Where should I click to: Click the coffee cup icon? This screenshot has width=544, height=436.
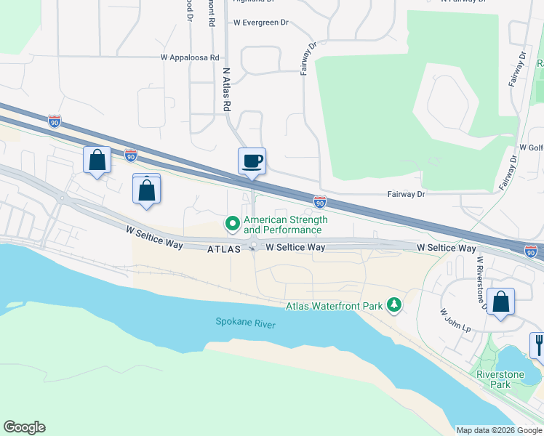point(252,161)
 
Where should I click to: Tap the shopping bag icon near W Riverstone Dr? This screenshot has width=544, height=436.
point(500,302)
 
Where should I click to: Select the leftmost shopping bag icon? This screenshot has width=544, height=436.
point(97,160)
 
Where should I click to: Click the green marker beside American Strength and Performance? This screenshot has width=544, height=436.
point(233,224)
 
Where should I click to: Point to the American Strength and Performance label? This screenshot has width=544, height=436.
point(286,225)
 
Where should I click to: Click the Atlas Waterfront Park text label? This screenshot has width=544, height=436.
point(334,307)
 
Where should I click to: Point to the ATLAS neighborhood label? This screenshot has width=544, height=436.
point(224,249)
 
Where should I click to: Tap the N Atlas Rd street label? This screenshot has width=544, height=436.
point(226,90)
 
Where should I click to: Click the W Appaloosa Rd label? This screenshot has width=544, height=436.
point(190,57)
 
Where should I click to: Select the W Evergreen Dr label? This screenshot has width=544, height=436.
point(260,23)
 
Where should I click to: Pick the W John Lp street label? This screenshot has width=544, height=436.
point(456,320)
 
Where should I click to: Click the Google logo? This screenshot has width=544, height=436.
point(24,427)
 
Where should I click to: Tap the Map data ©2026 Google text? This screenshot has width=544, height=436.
point(498,430)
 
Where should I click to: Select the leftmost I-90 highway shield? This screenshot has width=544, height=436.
point(55,121)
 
